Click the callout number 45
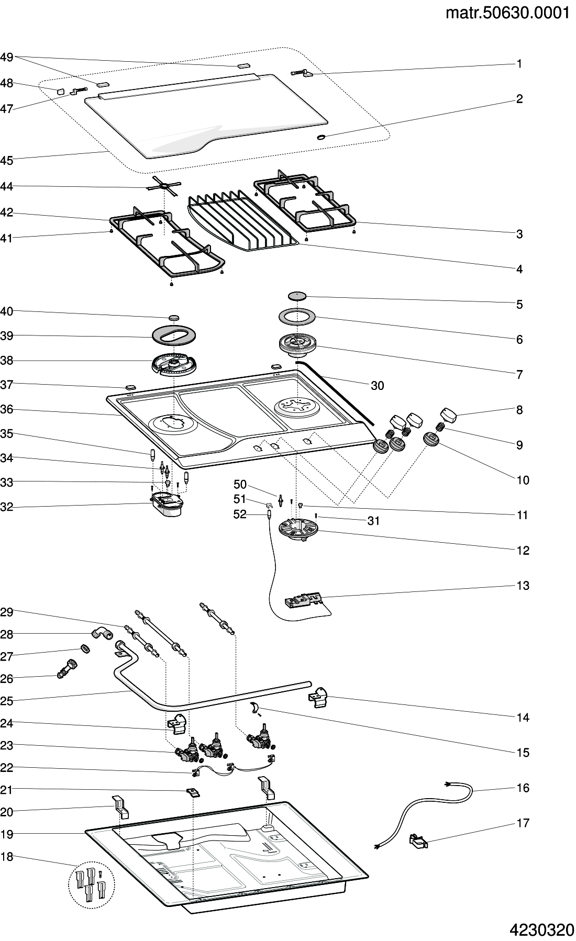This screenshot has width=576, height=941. (7, 161)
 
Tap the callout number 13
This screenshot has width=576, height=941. (523, 586)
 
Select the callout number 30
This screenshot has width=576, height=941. (377, 386)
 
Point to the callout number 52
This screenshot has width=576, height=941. (240, 514)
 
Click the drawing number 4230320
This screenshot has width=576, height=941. (541, 929)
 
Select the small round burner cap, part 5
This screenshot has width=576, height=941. (297, 296)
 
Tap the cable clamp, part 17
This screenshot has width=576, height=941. (418, 842)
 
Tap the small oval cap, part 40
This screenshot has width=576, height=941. (174, 317)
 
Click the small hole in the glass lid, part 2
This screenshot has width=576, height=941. (321, 137)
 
